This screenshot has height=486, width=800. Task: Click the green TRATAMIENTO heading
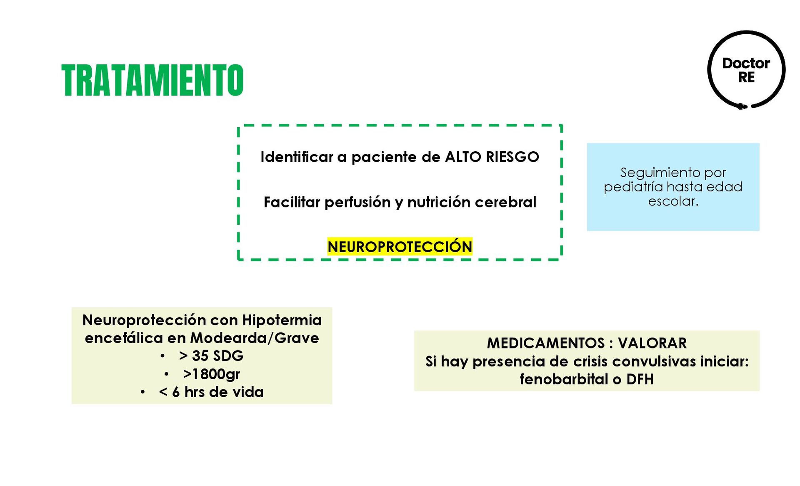152,80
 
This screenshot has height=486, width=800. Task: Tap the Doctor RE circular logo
746,70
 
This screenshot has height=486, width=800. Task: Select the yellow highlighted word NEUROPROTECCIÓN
400,247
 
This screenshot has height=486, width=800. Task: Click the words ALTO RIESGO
492,157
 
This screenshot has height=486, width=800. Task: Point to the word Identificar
297,157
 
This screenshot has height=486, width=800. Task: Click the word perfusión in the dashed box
358,203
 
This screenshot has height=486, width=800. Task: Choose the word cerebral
505,203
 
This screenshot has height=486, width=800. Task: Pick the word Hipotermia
282,320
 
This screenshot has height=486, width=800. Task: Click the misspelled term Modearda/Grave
254,338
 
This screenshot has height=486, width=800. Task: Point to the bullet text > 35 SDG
211,356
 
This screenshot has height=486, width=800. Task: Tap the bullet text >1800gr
211,374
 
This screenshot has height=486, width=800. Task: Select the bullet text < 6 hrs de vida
211,392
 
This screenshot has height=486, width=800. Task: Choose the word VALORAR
652,343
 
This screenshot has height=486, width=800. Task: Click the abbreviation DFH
640,380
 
